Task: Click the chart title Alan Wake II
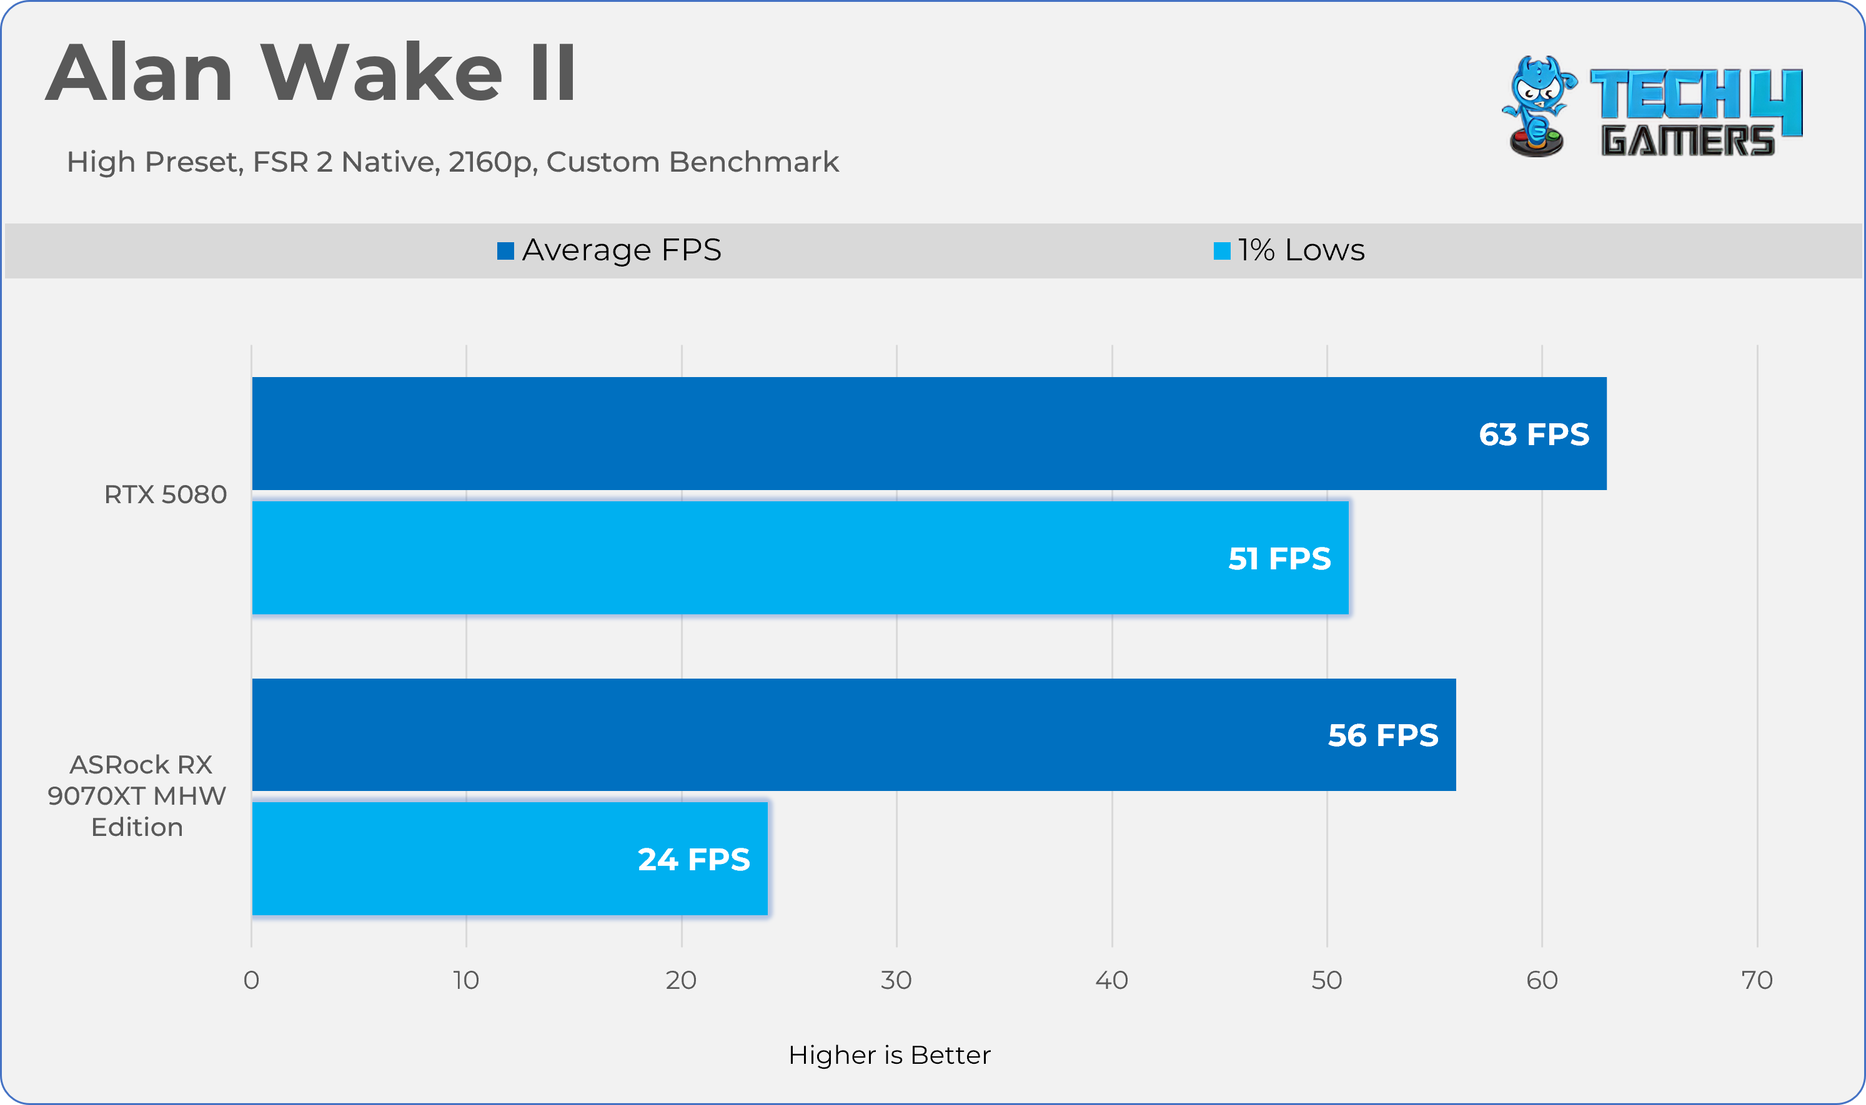[x=310, y=73]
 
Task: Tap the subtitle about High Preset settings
[x=452, y=162]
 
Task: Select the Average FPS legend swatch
[x=506, y=251]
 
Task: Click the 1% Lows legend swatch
[x=1222, y=251]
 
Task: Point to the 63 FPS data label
[x=1534, y=434]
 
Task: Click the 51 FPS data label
[x=1279, y=559]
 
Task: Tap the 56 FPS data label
[x=1382, y=735]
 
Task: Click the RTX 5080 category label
[x=166, y=494]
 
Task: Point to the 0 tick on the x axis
[x=251, y=980]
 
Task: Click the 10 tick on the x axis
[x=466, y=980]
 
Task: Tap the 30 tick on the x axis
[x=896, y=980]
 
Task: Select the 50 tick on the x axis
[x=1327, y=980]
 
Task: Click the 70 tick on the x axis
[x=1757, y=980]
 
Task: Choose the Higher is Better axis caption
[x=890, y=1055]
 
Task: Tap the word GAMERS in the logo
[x=1687, y=140]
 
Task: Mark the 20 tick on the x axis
[x=681, y=980]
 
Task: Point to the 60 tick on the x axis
[x=1541, y=980]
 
